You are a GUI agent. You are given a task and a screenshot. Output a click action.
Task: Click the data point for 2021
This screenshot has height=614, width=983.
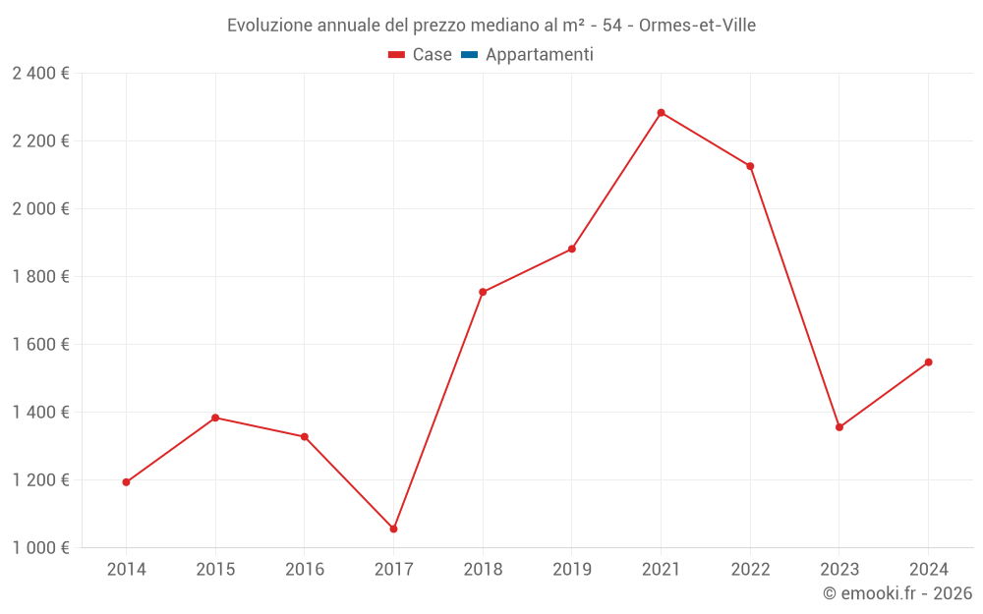coord(661,113)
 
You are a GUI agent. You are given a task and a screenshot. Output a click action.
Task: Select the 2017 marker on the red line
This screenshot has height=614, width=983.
coord(393,530)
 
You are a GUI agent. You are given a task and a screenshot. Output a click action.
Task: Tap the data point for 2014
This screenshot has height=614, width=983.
coord(126,482)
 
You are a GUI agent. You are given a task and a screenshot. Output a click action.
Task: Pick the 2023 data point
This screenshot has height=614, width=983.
coord(838,427)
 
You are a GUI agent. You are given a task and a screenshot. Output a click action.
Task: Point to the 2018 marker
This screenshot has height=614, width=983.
coord(483,292)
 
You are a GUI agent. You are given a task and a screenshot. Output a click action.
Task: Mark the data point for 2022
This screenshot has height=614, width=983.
coord(750,166)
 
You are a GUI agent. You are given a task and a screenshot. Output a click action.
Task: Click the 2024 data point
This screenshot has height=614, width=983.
coord(928,363)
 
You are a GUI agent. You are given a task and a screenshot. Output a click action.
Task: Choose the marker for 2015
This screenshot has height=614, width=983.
coord(215,418)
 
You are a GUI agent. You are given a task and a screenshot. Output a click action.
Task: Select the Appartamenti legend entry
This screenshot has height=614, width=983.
coord(539,55)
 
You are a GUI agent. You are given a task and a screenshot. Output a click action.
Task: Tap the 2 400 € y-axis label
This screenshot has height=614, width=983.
coord(40,74)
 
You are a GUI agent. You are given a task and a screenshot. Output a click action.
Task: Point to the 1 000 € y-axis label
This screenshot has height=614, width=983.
coord(40,548)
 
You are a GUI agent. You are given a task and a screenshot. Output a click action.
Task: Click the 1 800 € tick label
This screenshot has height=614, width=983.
coord(40,277)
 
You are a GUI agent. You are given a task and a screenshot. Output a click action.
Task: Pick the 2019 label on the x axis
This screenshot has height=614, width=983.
coord(571,570)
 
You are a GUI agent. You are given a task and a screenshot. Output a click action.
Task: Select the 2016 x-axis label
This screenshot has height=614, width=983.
coord(304,570)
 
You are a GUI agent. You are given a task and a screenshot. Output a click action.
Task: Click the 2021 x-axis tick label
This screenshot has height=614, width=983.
coord(661,570)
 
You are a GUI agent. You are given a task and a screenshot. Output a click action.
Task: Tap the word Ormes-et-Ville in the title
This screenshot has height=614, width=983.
coord(697,25)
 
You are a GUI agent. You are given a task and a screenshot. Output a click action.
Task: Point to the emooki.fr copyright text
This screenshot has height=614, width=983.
coord(897,593)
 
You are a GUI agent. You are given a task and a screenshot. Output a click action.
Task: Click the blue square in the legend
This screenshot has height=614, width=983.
coord(469,55)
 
